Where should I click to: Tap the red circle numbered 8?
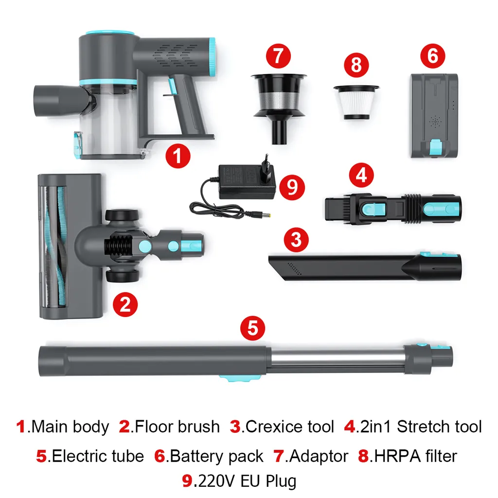(x=356, y=65)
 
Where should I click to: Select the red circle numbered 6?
(x=432, y=55)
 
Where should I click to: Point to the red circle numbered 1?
(x=178, y=156)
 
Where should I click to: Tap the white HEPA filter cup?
(x=356, y=103)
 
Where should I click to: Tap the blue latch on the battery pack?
(x=435, y=147)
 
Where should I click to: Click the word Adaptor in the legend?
(x=318, y=456)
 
